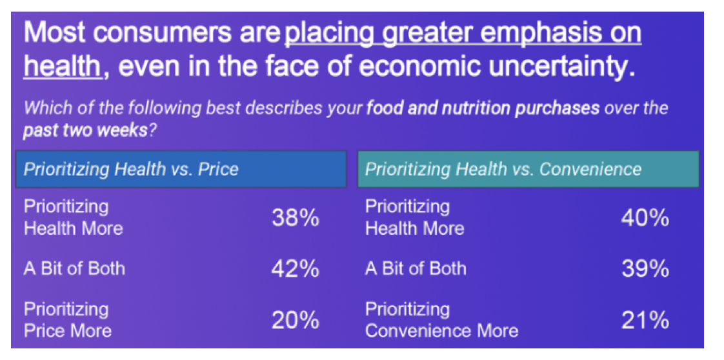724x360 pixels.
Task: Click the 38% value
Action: pos(296,218)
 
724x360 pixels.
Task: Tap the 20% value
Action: pos(296,321)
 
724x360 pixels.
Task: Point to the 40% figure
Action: pos(645,218)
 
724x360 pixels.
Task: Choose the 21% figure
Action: pos(645,321)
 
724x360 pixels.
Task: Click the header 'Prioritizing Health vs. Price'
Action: pos(131,170)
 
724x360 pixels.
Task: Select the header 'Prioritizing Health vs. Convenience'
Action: pos(503,170)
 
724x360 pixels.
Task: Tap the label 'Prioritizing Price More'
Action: pos(68,320)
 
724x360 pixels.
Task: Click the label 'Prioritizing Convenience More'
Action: pos(442,320)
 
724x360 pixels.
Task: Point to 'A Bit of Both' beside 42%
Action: pos(74,268)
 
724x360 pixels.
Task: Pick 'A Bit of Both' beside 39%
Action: pos(416,268)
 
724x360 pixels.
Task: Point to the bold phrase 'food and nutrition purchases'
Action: pos(483,109)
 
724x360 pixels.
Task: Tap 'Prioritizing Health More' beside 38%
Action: pos(74,217)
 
